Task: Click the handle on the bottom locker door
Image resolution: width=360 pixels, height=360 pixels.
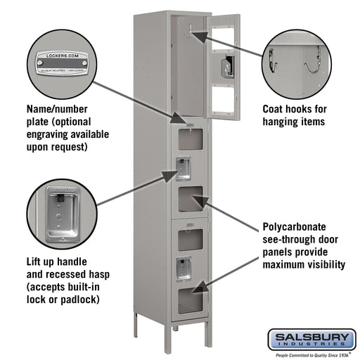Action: (x=183, y=267)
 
